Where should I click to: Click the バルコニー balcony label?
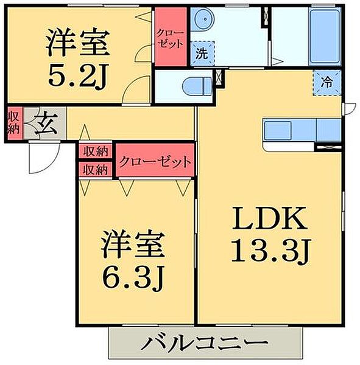click(x=205, y=344)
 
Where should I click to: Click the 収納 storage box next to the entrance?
click(x=13, y=123)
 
